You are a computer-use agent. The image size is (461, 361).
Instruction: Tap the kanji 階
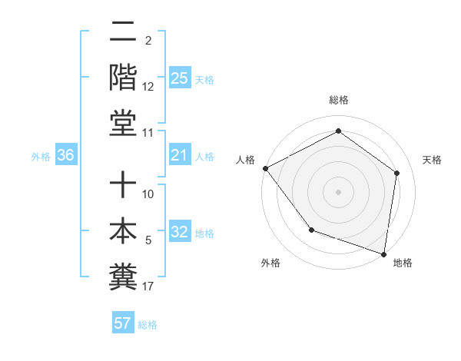point(124,78)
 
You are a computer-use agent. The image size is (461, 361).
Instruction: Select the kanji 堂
point(124,124)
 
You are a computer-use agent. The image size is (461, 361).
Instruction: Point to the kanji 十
point(124,185)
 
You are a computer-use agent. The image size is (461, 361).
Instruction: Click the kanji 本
point(124,231)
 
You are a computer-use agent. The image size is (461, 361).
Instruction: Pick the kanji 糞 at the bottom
point(124,277)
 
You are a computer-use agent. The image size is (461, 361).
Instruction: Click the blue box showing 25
point(179,78)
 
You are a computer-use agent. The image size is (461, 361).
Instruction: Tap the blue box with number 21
point(179,156)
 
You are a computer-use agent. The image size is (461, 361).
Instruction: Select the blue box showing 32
point(179,233)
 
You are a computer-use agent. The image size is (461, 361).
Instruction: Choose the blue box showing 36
point(66,156)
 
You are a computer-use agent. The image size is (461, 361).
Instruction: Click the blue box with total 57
point(123,323)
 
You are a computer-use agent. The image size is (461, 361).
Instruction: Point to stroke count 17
point(148,286)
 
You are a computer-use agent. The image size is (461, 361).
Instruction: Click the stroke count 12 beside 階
point(148,87)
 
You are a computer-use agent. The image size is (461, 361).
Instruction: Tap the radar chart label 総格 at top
point(338,100)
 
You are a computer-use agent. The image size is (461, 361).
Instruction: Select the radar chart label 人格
point(246,160)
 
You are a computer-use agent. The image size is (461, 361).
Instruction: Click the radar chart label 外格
point(270,263)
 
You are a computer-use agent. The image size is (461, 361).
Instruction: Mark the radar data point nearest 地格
point(384,253)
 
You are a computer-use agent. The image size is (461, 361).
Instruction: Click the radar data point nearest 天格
point(397,173)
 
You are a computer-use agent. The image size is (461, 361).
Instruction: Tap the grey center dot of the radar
point(338,191)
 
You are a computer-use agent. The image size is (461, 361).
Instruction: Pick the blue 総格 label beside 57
point(148,324)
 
